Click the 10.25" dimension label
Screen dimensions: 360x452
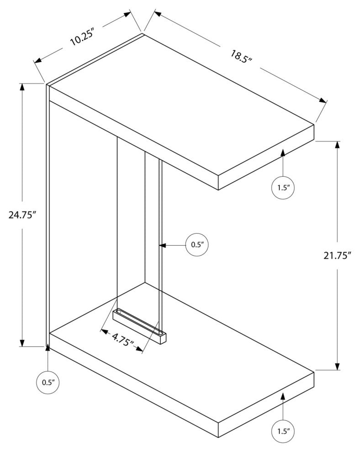(83, 37)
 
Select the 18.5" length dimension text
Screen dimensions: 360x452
(241, 58)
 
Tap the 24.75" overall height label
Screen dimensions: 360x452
(21, 215)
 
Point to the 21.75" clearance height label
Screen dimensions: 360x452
(337, 255)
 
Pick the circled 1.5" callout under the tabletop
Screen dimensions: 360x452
(283, 188)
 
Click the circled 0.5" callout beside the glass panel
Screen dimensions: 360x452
(197, 245)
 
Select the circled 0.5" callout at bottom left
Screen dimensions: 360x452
(48, 383)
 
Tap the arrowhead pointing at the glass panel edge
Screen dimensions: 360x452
(163, 245)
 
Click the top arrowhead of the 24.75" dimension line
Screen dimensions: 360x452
(22, 87)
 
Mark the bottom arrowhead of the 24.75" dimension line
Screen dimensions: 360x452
(22, 343)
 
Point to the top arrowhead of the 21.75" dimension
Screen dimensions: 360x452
(337, 145)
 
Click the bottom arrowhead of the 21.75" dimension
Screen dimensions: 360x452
(337, 366)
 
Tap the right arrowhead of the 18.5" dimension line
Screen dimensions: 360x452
(323, 100)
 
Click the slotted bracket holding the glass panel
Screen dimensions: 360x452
(139, 326)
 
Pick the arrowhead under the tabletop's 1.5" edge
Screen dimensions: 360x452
(283, 152)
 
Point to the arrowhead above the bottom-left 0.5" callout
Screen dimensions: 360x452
(48, 347)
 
